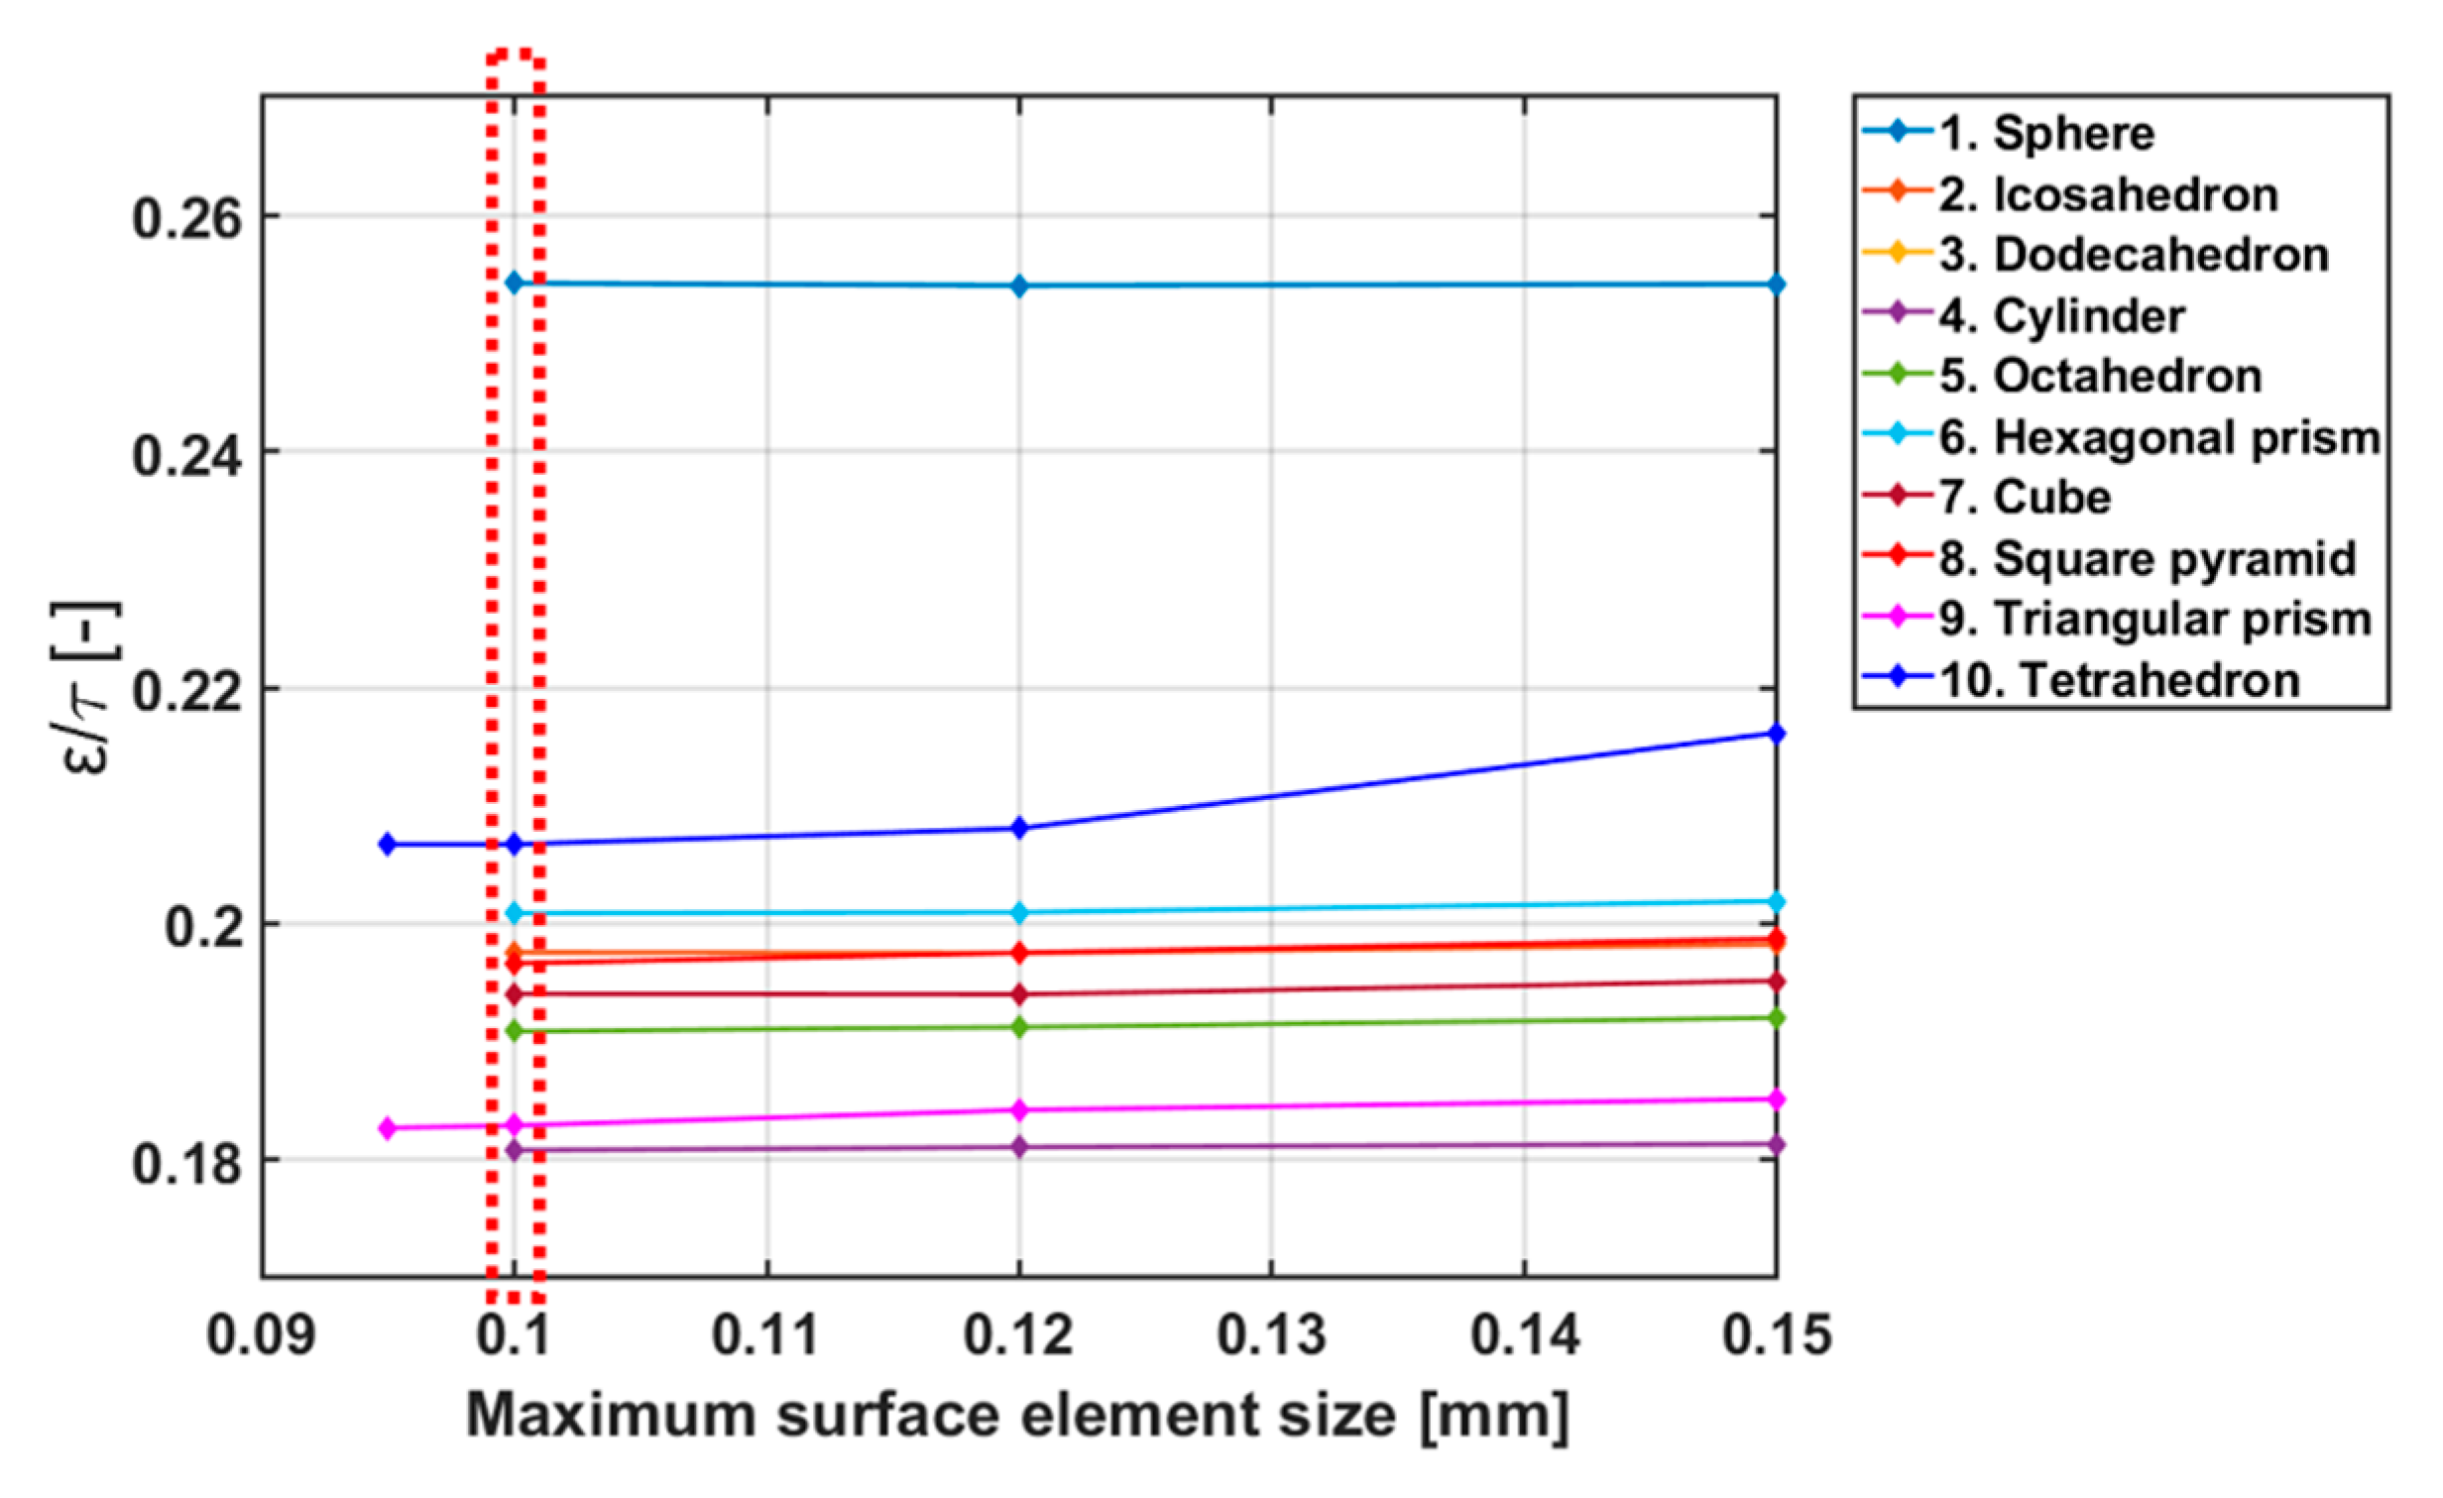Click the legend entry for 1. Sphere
coord(2072,133)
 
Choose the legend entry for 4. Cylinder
coord(2088,316)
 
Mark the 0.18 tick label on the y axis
coord(186,1163)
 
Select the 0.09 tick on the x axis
coord(261,1335)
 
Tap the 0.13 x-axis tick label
coord(1271,1335)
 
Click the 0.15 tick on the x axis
coord(1776,1335)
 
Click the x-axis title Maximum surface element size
coord(1017,1416)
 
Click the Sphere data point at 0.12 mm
coord(1019,287)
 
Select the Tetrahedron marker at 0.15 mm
coord(1777,734)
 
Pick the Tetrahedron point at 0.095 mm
coord(388,845)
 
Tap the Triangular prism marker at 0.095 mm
coord(388,1128)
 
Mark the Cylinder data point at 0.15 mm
coord(1777,1145)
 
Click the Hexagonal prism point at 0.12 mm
coord(1019,912)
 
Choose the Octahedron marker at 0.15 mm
coord(1777,1018)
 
